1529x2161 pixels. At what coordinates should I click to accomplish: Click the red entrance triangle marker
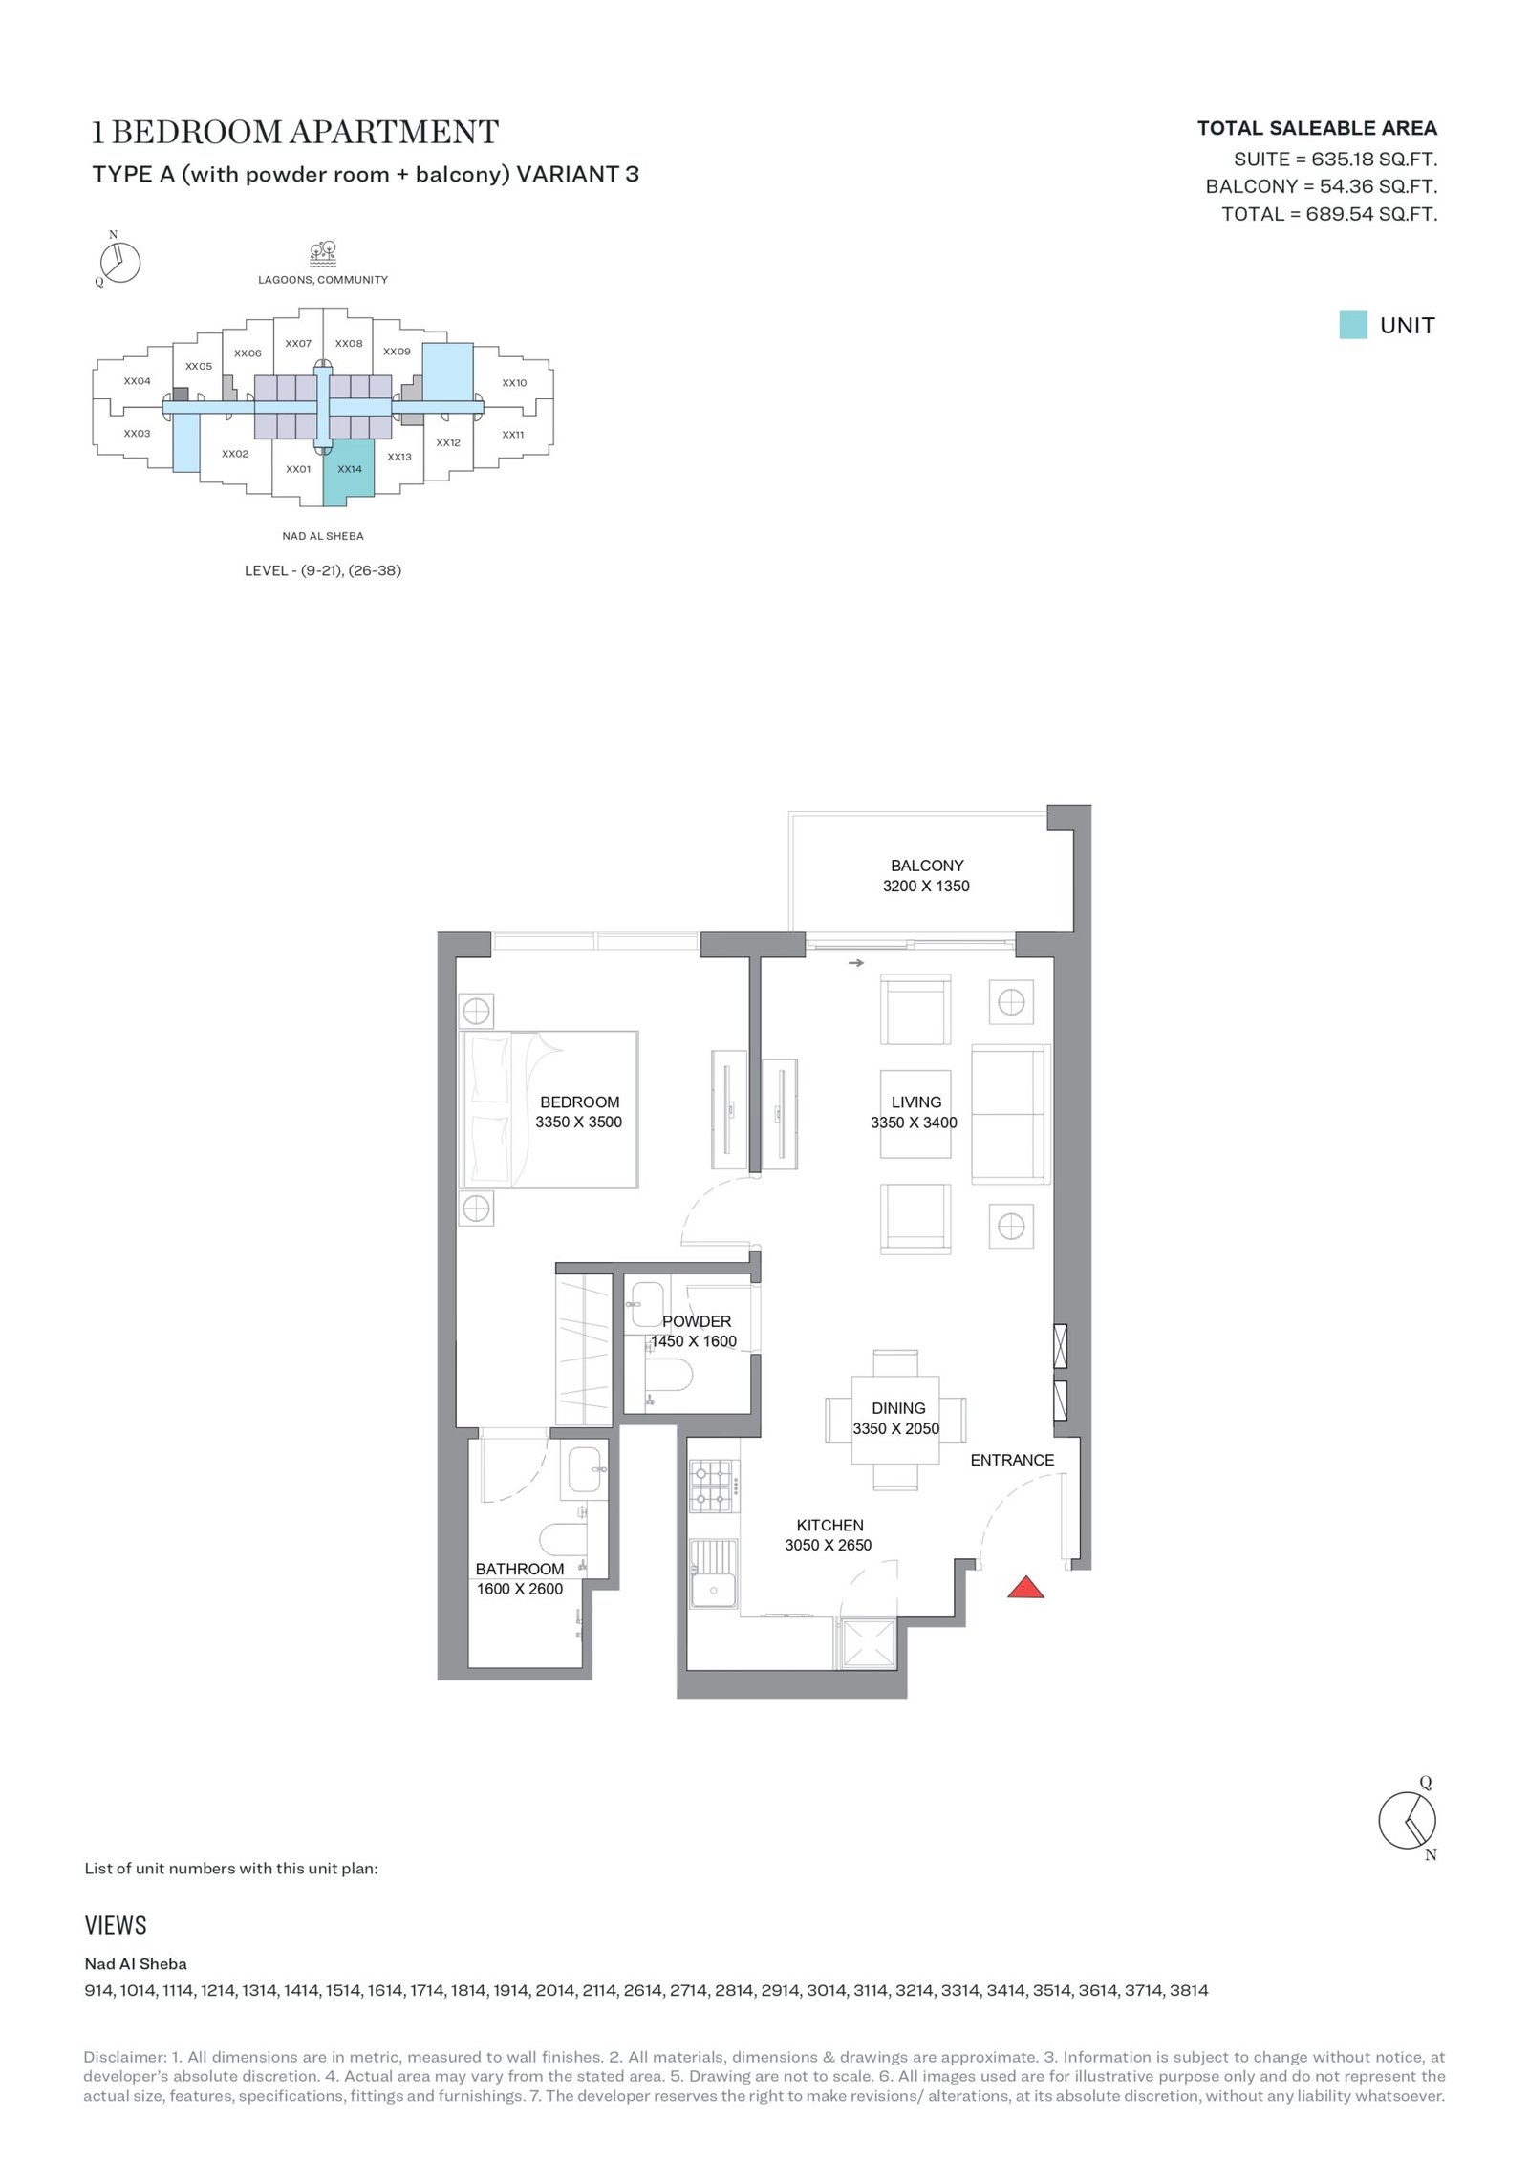1025,1587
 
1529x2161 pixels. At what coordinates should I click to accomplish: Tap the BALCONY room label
927,866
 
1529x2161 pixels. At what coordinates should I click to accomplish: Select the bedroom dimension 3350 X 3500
578,1123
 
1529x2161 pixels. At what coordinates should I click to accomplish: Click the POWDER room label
697,1321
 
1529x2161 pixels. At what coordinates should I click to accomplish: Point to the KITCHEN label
829,1526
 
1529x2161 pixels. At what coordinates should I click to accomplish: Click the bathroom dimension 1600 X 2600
520,1589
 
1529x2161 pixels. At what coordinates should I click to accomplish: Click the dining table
895,1420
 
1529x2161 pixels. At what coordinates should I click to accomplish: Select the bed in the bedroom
549,1109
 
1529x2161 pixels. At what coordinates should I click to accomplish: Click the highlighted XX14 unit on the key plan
348,471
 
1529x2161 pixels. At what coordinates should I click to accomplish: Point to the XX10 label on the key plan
514,383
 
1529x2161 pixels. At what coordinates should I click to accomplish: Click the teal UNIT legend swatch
1353,325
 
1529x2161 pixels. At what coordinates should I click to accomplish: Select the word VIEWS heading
116,1925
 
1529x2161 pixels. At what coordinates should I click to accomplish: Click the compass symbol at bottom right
1408,1820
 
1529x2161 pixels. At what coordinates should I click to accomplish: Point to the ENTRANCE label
1012,1460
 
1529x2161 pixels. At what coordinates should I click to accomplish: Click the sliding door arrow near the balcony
855,963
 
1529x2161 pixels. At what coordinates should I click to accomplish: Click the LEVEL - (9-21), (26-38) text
323,570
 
